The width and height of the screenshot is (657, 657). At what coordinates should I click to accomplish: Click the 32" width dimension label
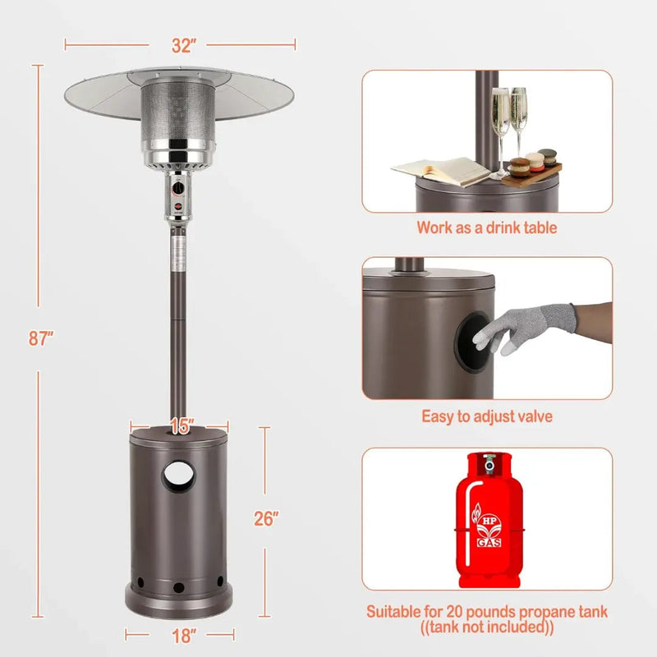pos(183,45)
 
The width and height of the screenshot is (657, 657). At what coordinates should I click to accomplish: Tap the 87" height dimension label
pos(40,338)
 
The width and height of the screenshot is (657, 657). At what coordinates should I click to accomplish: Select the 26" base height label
pos(265,519)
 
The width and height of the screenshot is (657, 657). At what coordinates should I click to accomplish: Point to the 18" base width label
pos(183,636)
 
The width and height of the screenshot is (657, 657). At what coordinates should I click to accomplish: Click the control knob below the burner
pos(178,189)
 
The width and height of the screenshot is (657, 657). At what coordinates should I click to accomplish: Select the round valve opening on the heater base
pos(179,476)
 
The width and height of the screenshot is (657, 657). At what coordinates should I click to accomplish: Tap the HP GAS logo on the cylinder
pos(488,526)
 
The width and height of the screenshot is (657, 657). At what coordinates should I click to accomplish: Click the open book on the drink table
pos(441,171)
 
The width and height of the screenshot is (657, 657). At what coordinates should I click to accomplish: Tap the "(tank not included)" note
pos(487,627)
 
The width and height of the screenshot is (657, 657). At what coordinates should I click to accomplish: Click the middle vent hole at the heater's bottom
pos(179,587)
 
